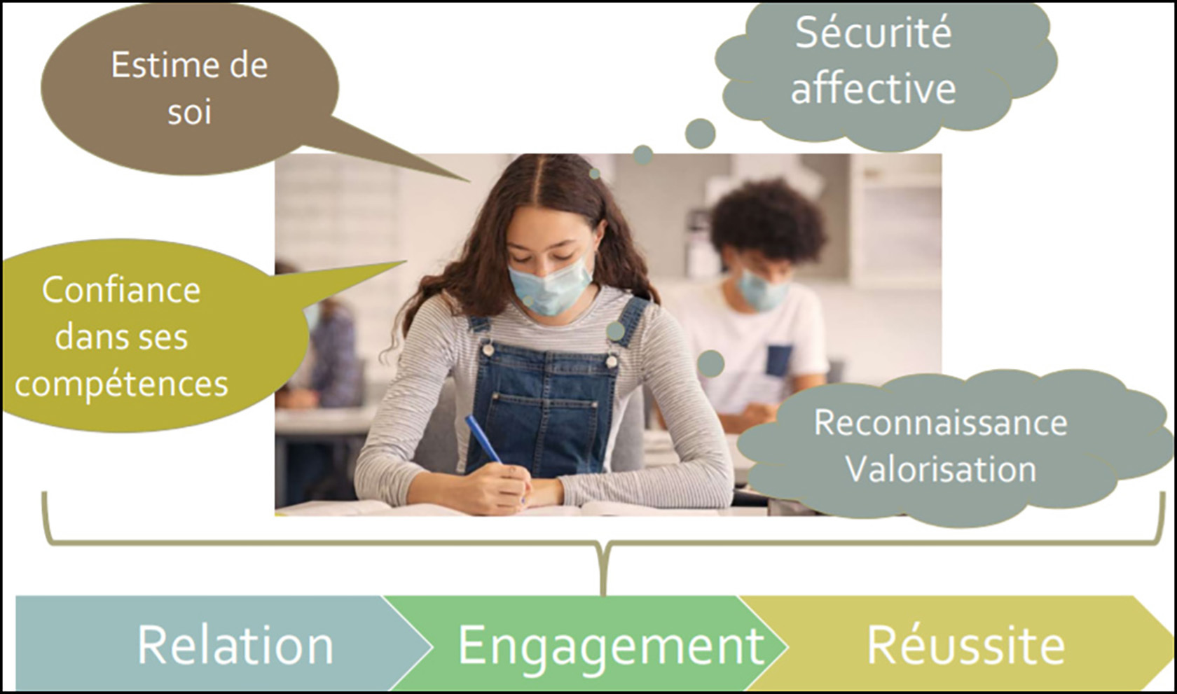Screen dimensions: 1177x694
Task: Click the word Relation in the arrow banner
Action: [x=235, y=645]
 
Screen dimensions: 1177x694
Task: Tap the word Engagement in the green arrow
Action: [x=611, y=647]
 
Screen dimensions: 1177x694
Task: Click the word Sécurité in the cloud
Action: [x=873, y=33]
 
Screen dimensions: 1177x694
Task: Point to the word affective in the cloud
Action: [x=873, y=88]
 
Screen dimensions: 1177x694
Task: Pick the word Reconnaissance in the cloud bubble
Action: [x=940, y=422]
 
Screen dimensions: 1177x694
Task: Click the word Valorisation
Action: [x=940, y=469]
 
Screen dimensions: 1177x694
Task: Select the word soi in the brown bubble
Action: [x=189, y=111]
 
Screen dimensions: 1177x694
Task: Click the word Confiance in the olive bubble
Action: [x=121, y=289]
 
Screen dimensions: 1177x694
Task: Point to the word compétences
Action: [x=121, y=384]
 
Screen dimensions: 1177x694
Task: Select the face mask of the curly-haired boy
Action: [x=762, y=290]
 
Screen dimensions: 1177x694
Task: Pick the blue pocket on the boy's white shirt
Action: [x=779, y=361]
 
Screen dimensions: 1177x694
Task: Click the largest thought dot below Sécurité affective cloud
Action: [x=701, y=134]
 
